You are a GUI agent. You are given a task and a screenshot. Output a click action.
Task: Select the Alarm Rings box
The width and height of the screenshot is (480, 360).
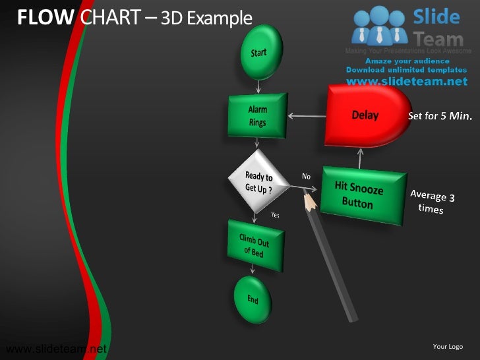pyautogui.click(x=258, y=116)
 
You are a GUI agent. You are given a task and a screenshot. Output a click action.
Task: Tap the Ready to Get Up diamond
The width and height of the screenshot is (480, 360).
pyautogui.click(x=258, y=181)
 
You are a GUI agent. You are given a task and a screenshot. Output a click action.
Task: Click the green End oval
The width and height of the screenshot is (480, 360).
pyautogui.click(x=253, y=299)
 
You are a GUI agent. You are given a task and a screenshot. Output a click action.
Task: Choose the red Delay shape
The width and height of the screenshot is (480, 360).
pyautogui.click(x=365, y=116)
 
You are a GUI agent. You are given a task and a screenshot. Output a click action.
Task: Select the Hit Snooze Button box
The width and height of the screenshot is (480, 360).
pyautogui.click(x=362, y=195)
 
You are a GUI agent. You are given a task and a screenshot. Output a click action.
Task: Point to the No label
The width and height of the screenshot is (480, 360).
pyautogui.click(x=306, y=176)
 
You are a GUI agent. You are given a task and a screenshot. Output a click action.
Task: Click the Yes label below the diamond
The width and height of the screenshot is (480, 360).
pyautogui.click(x=276, y=214)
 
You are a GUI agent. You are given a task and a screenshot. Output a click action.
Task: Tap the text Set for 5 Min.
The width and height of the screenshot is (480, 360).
pyautogui.click(x=440, y=116)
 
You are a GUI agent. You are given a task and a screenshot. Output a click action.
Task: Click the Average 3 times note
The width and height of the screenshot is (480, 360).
pyautogui.click(x=432, y=201)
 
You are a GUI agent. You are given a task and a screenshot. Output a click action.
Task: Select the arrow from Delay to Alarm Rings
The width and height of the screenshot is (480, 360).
pyautogui.click(x=306, y=117)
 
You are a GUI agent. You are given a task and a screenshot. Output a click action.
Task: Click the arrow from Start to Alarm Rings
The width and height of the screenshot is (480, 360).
pyautogui.click(x=258, y=86)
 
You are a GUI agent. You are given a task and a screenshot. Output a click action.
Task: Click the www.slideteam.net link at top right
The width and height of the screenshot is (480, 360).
pyautogui.click(x=406, y=81)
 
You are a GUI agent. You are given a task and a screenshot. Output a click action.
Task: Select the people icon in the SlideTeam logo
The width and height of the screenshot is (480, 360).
pyautogui.click(x=378, y=27)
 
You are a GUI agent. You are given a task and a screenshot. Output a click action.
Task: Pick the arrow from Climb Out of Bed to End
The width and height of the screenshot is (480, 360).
pyautogui.click(x=253, y=269)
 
